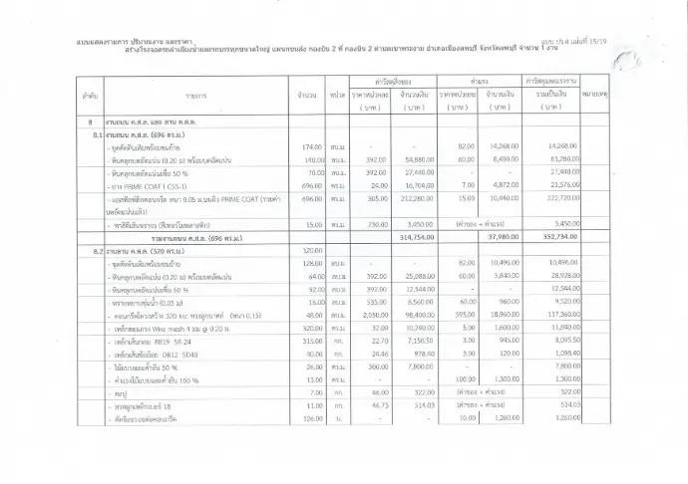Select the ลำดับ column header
pyautogui.click(x=89, y=97)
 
